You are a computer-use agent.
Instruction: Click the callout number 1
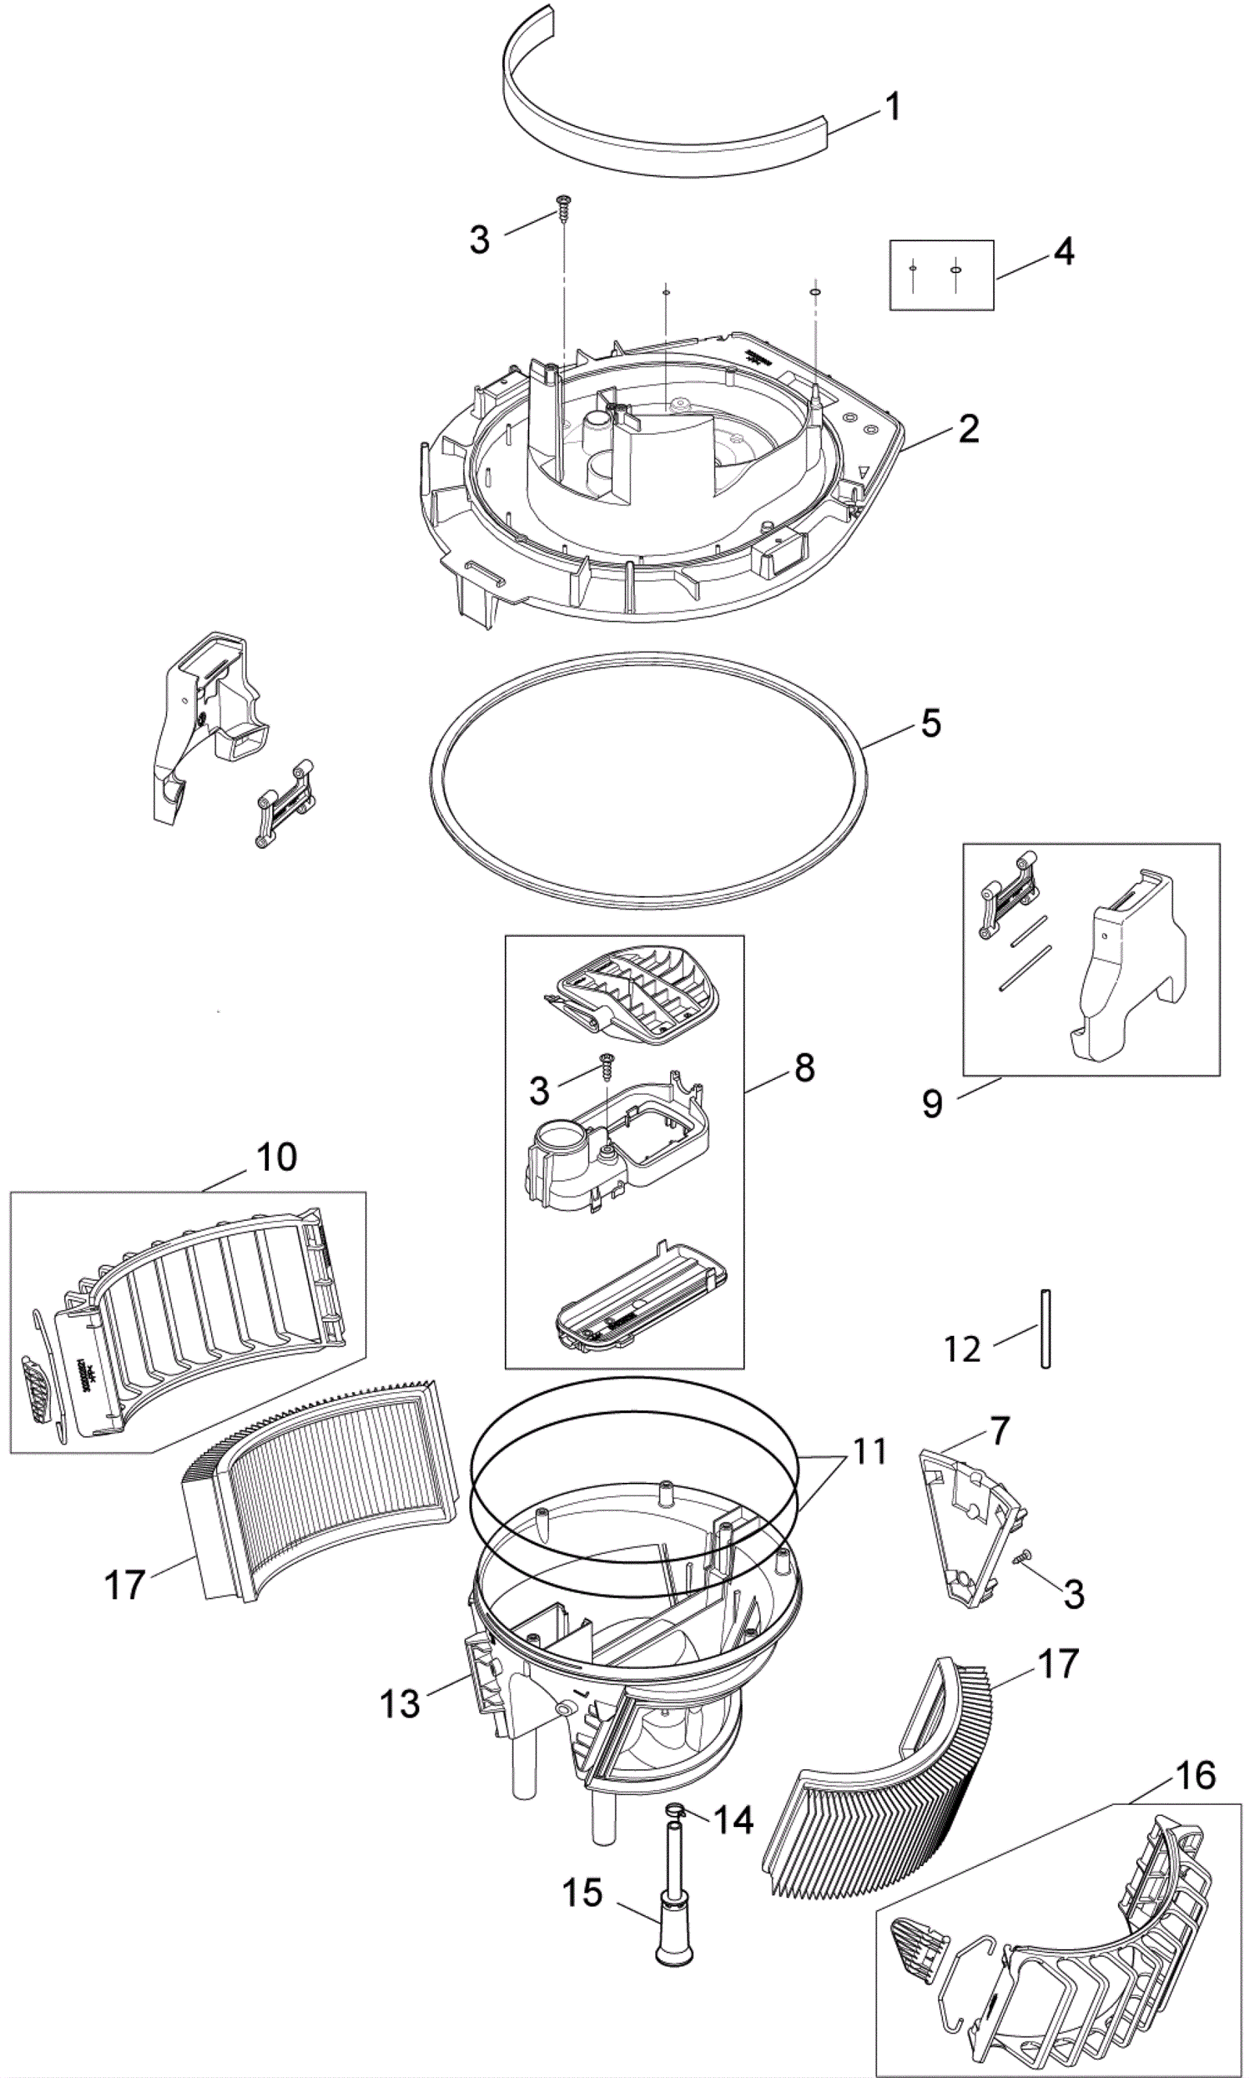[x=892, y=107]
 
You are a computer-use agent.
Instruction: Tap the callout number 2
[x=969, y=429]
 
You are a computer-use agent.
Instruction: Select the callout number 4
[x=1065, y=251]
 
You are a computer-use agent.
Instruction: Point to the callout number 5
[x=930, y=723]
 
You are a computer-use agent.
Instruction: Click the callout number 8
[x=805, y=1068]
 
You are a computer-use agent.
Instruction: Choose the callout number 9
[x=931, y=1103]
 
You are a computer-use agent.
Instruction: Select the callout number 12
[x=962, y=1350]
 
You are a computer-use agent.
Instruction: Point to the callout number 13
[x=400, y=1703]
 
